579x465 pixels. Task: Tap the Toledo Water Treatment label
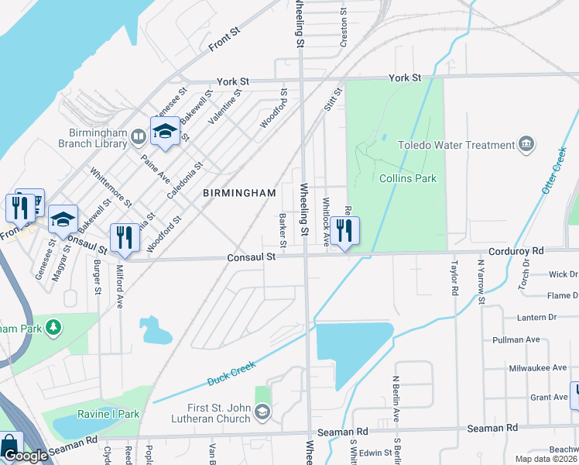point(456,145)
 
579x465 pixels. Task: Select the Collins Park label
point(408,178)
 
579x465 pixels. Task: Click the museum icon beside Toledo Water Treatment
point(526,143)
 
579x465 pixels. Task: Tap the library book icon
point(138,138)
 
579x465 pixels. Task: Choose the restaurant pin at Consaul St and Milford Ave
point(124,237)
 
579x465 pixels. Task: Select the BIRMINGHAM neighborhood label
point(239,192)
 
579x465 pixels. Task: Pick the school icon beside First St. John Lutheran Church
point(263,412)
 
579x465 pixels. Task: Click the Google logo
point(25,456)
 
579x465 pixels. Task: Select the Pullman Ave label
point(516,339)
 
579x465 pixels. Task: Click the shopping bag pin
point(11,446)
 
